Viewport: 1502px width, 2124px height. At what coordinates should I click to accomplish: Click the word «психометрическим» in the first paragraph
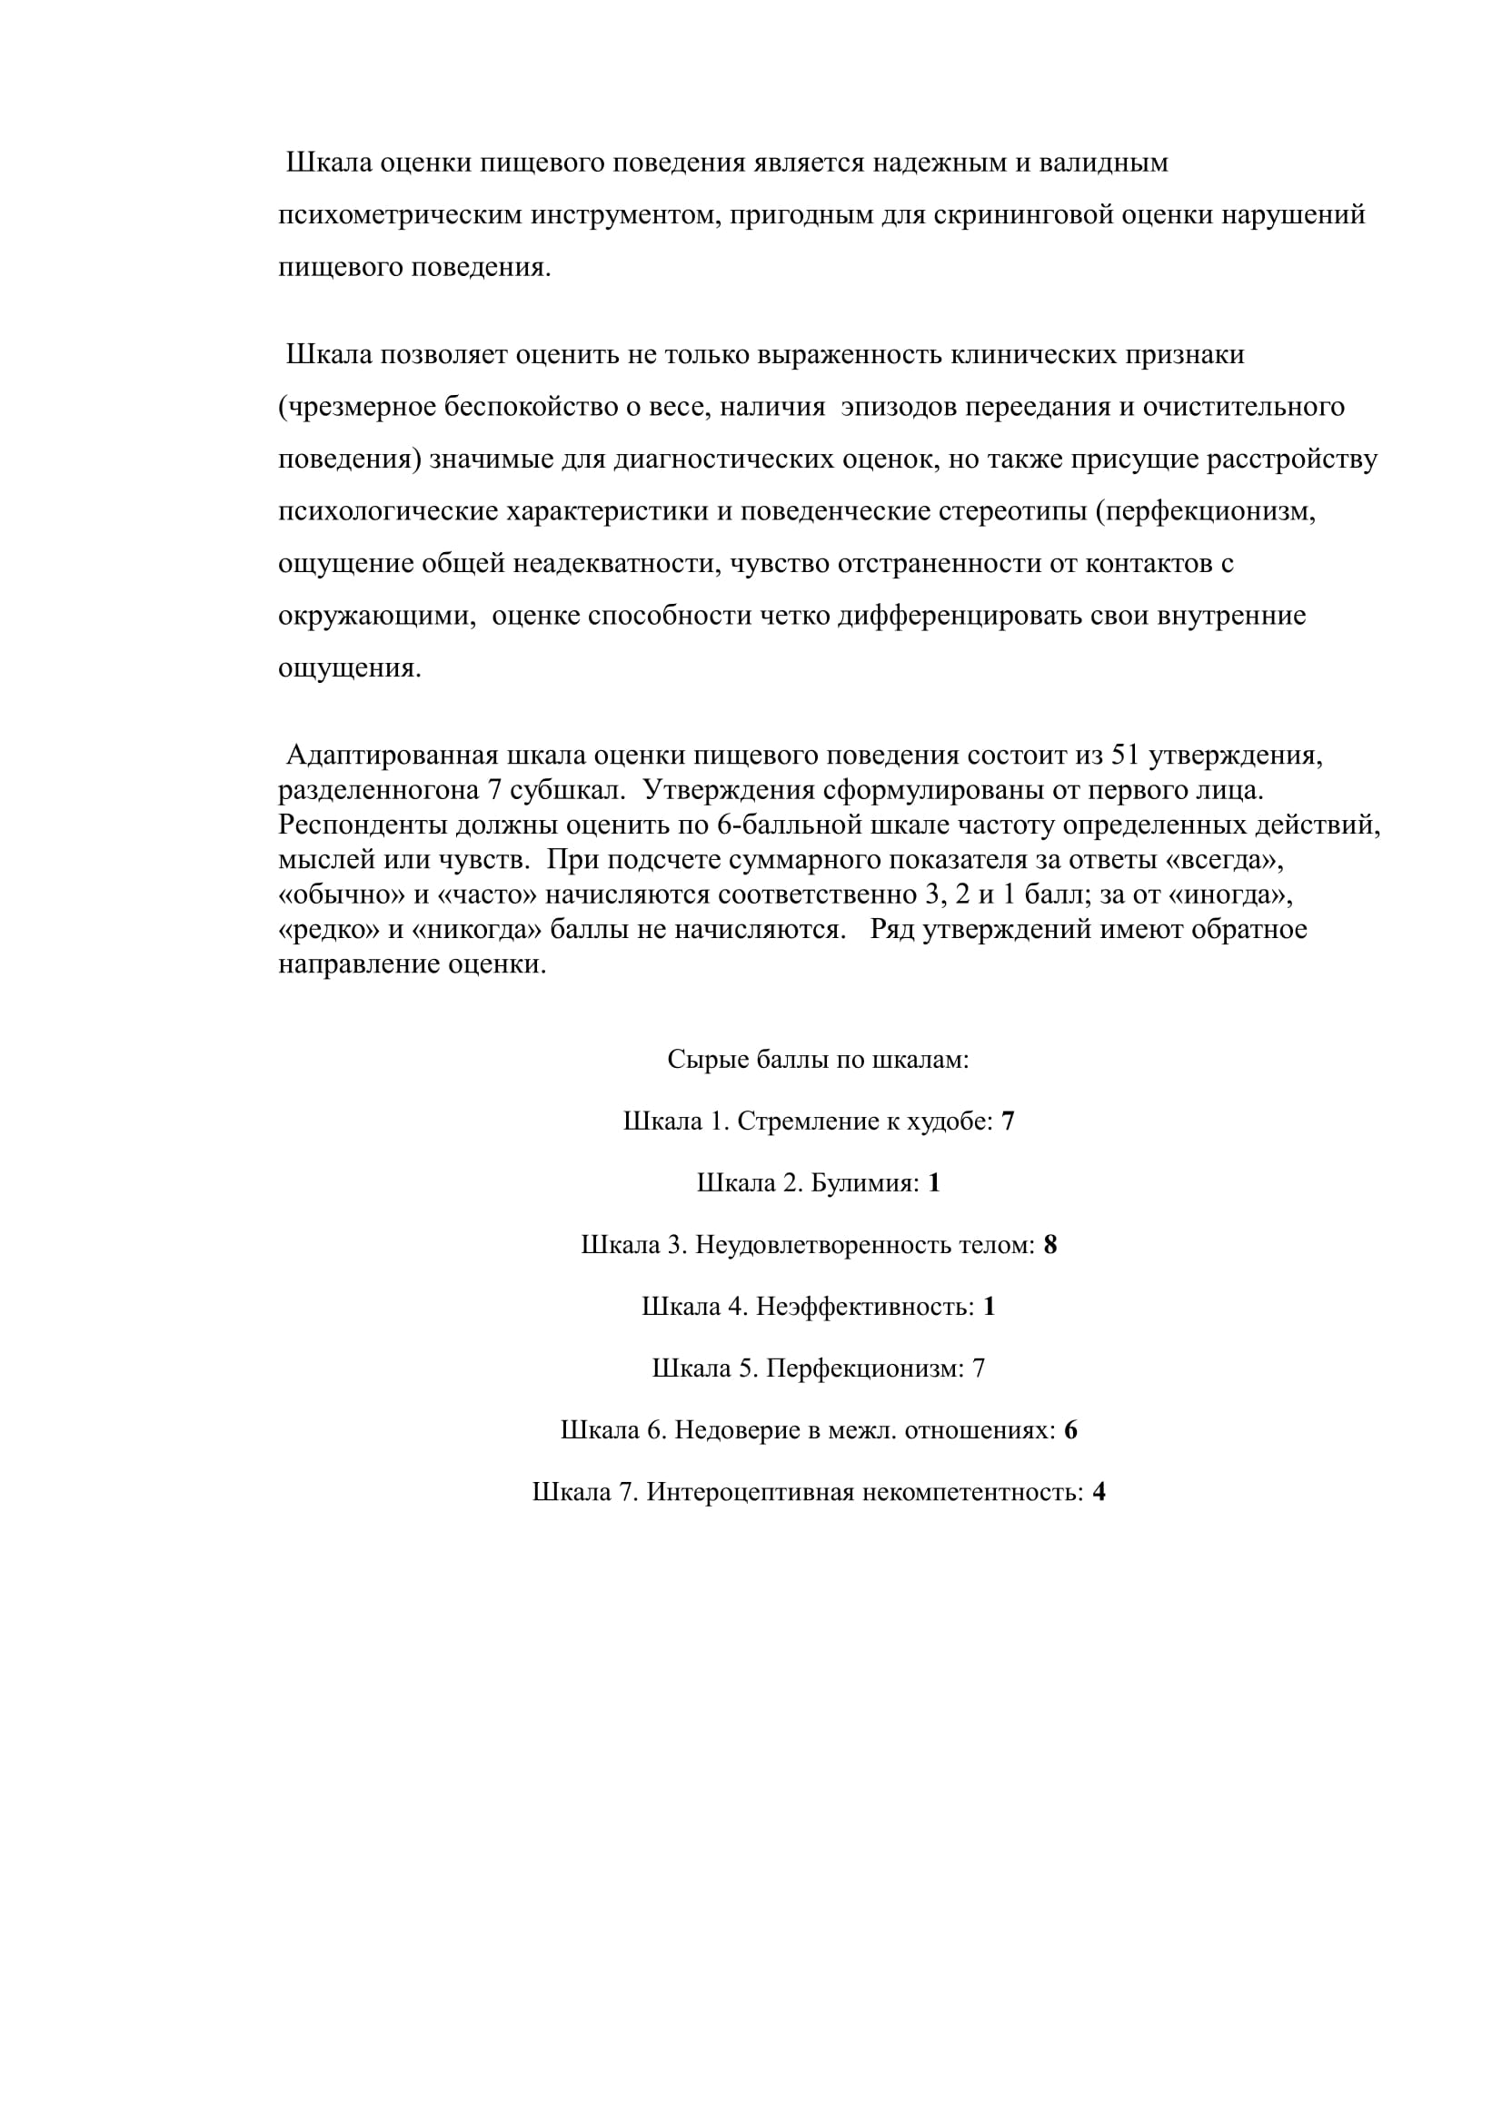click(400, 215)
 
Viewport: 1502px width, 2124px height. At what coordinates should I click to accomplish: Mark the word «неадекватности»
click(615, 563)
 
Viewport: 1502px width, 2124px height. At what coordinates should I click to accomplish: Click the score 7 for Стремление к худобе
click(1008, 1122)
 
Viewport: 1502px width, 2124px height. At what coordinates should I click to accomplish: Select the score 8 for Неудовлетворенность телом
click(1050, 1246)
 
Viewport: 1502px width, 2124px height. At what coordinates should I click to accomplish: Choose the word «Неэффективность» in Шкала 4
click(864, 1307)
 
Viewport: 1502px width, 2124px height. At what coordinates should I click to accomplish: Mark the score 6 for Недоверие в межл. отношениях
click(1070, 1431)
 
